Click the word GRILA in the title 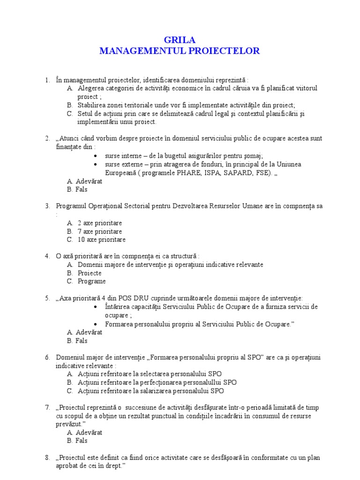[x=180, y=40]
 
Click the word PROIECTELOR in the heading [x=224, y=51]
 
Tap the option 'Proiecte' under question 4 [x=90, y=273]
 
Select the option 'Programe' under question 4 [x=91, y=281]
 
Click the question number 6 [x=47, y=357]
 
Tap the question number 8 [x=47, y=457]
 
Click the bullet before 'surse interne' [x=96, y=156]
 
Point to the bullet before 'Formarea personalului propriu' [x=96, y=324]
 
